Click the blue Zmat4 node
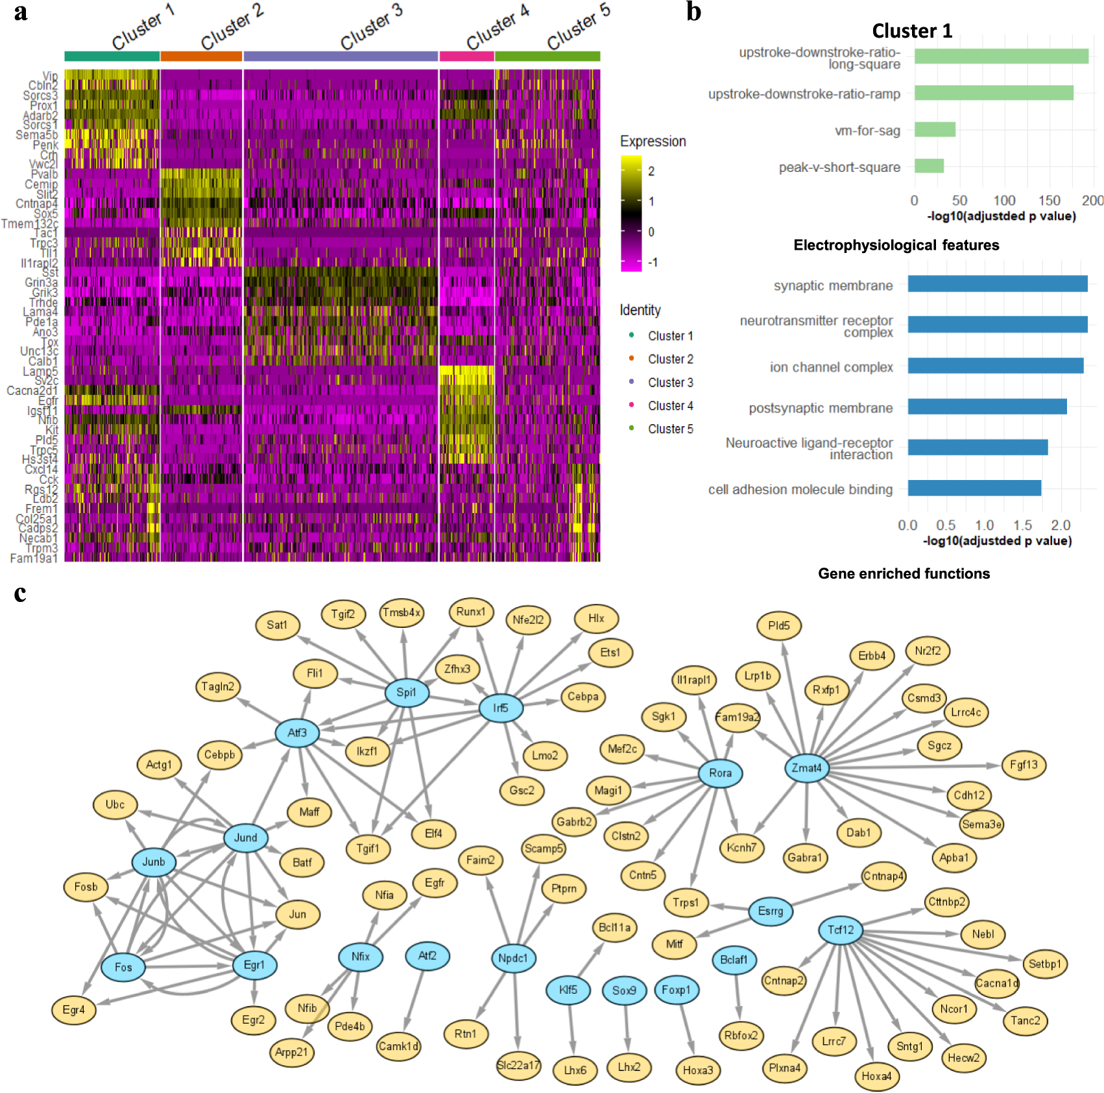806,768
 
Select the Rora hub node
720,773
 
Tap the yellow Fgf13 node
1024,765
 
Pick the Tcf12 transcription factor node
841,930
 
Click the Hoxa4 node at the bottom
876,1076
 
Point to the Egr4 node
74,1009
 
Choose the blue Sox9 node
624,991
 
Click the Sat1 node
277,625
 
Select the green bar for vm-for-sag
935,130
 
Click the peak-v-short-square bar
929,166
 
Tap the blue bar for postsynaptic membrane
987,407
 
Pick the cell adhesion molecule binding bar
974,488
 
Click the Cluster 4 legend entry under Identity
670,405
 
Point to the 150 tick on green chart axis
1049,200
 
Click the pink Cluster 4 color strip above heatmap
466,56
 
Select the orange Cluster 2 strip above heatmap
201,56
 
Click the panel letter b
693,12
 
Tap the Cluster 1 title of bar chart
911,30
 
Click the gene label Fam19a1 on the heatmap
34,558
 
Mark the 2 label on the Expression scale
651,171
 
